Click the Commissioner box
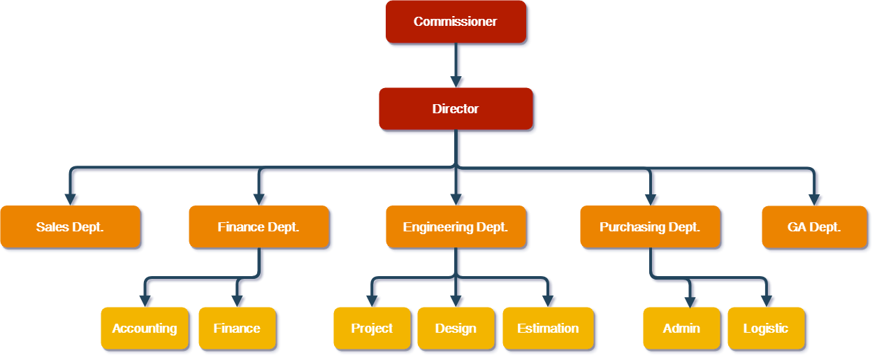(x=456, y=22)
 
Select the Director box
(x=456, y=108)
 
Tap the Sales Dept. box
(x=70, y=226)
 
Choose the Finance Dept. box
(x=259, y=226)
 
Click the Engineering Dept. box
(x=456, y=226)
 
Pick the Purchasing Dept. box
(x=650, y=226)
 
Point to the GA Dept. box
(x=814, y=226)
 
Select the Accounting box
(x=145, y=328)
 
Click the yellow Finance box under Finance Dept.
(x=237, y=328)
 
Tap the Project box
(x=372, y=328)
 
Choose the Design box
(x=456, y=328)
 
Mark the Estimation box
(x=548, y=328)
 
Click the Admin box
(x=681, y=328)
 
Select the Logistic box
(x=766, y=328)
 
